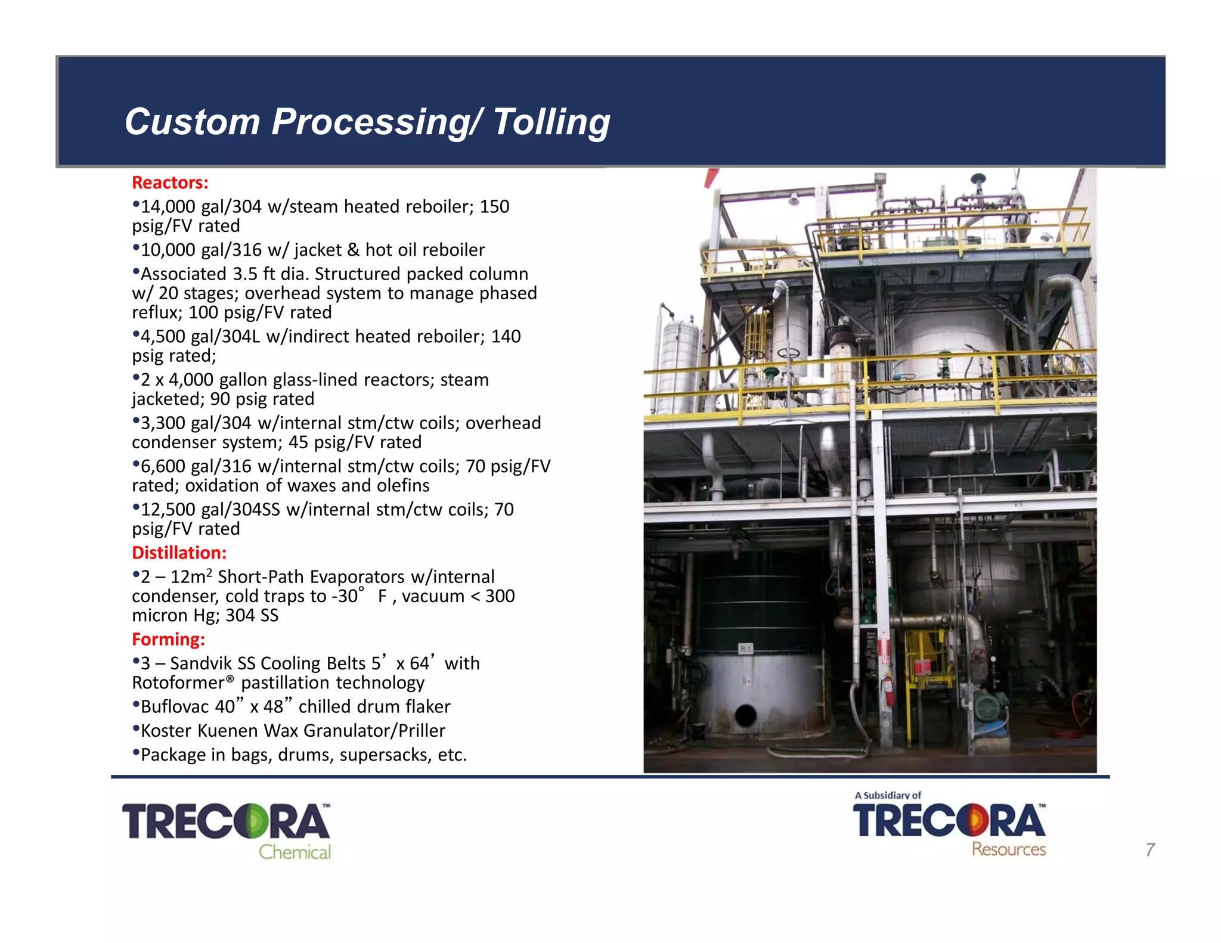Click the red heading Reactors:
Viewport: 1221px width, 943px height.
click(x=170, y=182)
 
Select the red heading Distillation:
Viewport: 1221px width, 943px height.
click(x=179, y=553)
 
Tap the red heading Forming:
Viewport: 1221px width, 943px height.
click(x=168, y=639)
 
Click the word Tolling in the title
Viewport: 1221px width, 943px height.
click(x=551, y=122)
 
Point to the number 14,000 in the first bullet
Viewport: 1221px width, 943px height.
click(x=168, y=207)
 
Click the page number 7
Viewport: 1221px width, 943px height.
click(x=1150, y=849)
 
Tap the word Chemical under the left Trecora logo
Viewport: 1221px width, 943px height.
click(x=295, y=852)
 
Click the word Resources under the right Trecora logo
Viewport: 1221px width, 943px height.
click(x=1009, y=849)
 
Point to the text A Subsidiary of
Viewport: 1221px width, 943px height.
click(x=888, y=795)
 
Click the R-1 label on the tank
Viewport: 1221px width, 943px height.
click(x=746, y=649)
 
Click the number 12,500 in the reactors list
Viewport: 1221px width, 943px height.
click(x=168, y=510)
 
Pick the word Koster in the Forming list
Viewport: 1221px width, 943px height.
click(x=166, y=731)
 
